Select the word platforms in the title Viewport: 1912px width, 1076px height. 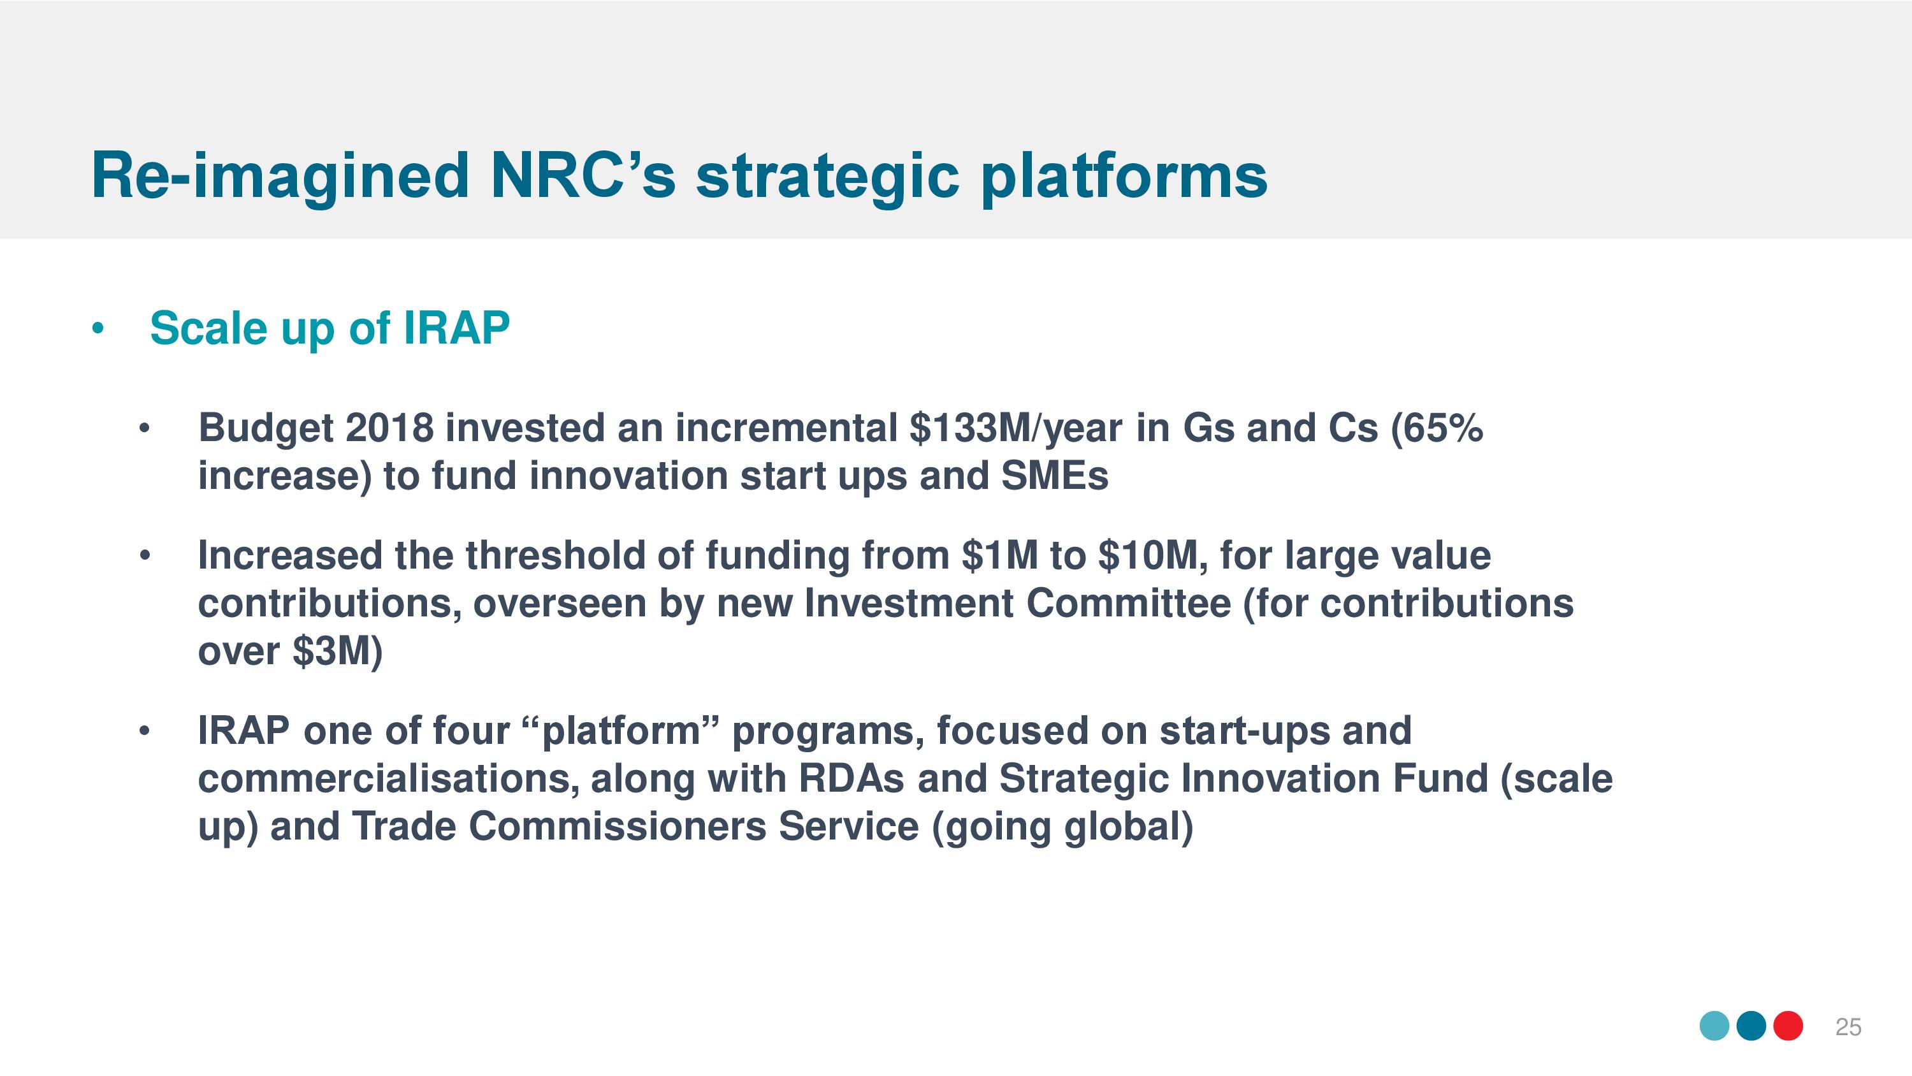click(x=1124, y=179)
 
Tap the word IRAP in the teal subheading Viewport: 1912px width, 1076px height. click(x=456, y=328)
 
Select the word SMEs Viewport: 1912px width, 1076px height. click(x=1055, y=476)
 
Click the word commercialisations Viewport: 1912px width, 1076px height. click(x=389, y=780)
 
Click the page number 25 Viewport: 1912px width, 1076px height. click(x=1848, y=1027)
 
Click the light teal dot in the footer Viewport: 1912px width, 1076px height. click(x=1714, y=1026)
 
